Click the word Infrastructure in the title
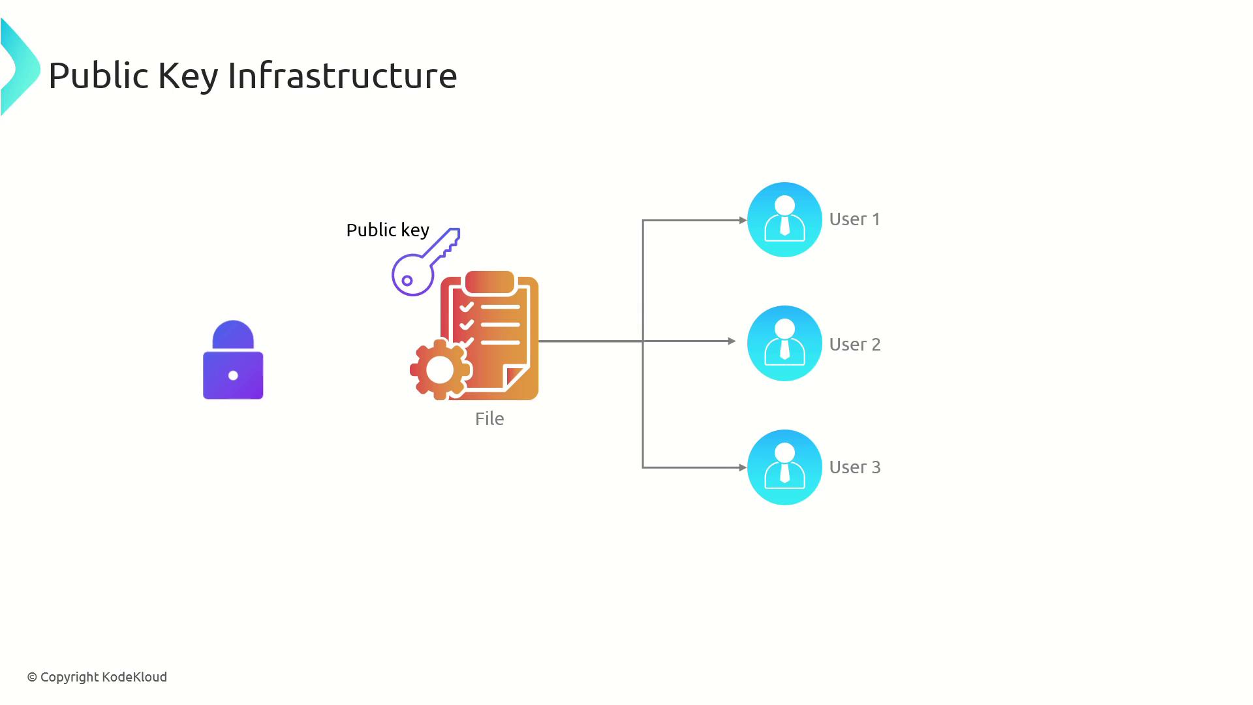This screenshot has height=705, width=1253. tap(342, 76)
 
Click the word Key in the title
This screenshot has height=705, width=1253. tap(188, 76)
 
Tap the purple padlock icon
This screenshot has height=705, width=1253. tap(233, 360)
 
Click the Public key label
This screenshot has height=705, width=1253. tap(387, 230)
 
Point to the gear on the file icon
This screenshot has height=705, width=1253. tap(440, 369)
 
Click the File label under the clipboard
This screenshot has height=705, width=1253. tap(489, 418)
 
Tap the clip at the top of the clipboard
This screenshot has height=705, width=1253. tap(489, 282)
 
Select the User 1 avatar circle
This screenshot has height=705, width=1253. tap(784, 219)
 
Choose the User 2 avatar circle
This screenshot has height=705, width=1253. tap(784, 343)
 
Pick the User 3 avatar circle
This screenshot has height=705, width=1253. tap(784, 467)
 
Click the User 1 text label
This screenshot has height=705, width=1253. tap(855, 219)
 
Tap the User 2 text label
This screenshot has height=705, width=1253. tap(855, 344)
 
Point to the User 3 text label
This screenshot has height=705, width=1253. tap(855, 467)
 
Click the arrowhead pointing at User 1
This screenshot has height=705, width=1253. tap(743, 221)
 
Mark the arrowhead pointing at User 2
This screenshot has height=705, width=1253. tap(732, 341)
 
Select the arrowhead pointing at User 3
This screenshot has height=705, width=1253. tap(743, 467)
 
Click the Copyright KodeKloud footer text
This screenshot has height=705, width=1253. tap(97, 677)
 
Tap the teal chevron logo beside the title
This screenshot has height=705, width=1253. tap(20, 68)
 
